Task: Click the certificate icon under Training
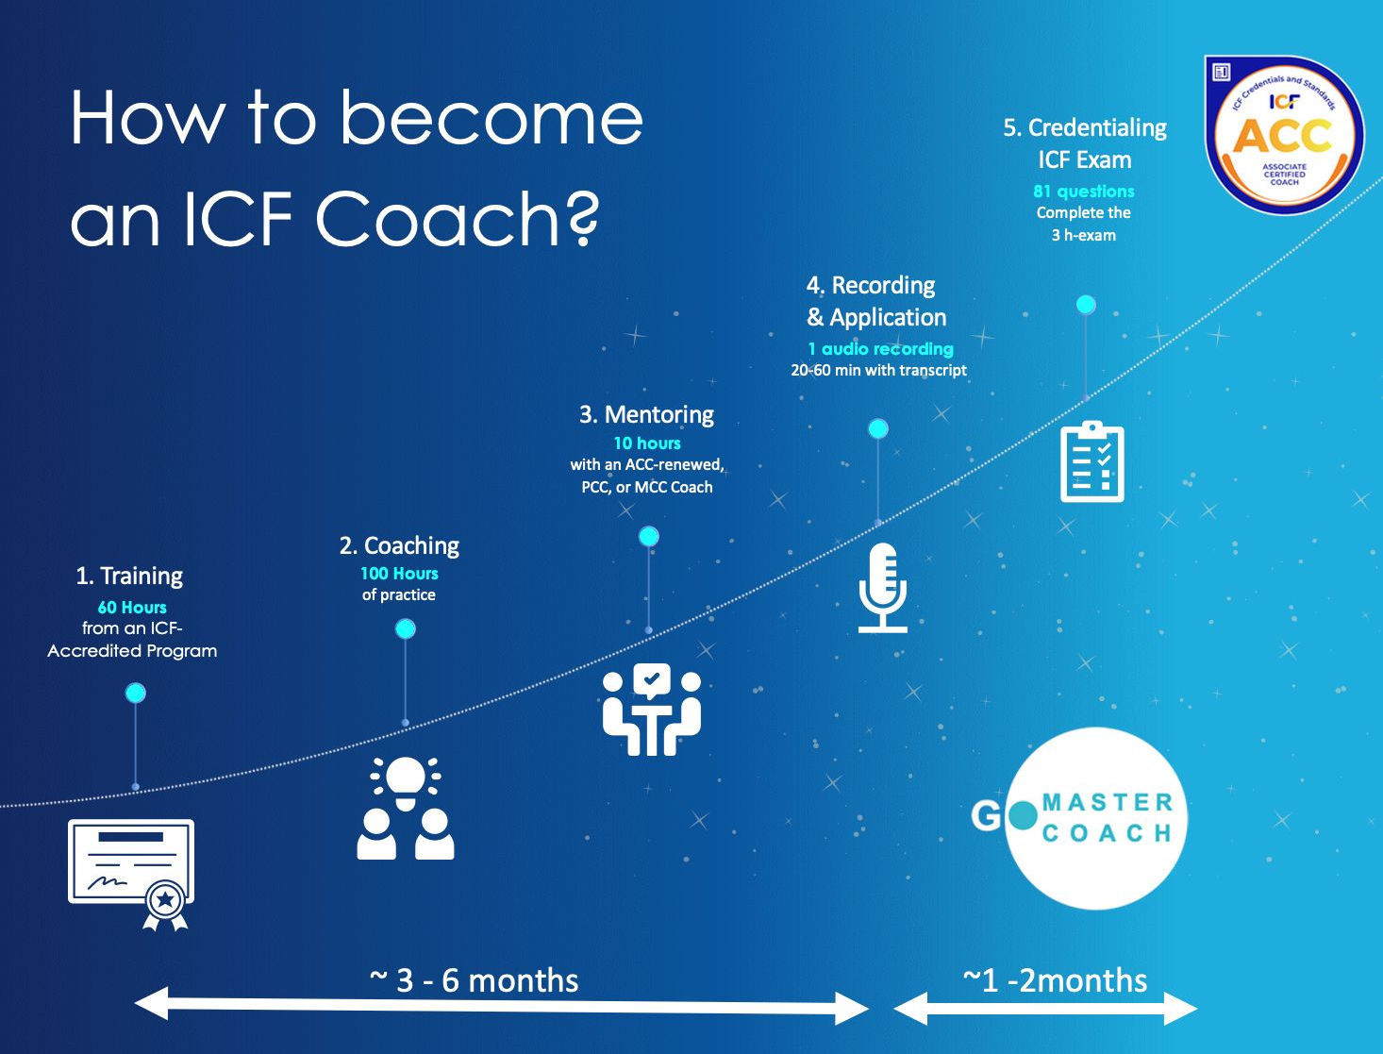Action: click(130, 863)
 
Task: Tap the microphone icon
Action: click(882, 587)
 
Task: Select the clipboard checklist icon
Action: click(1092, 461)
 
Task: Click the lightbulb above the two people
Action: click(406, 779)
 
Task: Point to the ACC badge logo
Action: click(1284, 135)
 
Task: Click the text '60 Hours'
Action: click(132, 608)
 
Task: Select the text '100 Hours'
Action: click(399, 574)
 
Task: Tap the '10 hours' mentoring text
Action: click(647, 443)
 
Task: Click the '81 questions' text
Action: click(1084, 192)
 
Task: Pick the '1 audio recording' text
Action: click(880, 349)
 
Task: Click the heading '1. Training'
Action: click(129, 576)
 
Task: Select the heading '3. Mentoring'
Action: click(646, 415)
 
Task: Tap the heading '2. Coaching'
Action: click(399, 545)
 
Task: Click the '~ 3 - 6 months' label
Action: click(474, 980)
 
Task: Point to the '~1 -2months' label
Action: click(1055, 980)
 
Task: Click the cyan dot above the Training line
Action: click(136, 694)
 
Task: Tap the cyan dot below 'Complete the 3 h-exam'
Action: click(1086, 305)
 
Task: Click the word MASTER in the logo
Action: click(1108, 803)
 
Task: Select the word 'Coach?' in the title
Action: click(457, 219)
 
